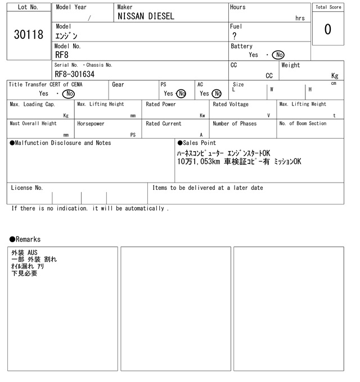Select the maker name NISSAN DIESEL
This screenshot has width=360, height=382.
tap(146, 17)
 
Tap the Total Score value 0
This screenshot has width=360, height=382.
tap(328, 29)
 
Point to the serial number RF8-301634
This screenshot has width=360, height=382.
tap(75, 74)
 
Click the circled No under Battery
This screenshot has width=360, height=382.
tap(278, 55)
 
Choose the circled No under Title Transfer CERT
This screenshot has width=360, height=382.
tap(68, 94)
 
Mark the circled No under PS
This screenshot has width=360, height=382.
tap(181, 94)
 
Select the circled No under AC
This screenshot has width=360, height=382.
tap(217, 94)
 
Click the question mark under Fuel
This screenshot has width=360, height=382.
tap(234, 36)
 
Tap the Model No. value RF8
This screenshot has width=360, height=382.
tap(62, 55)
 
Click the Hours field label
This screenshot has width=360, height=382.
tap(237, 7)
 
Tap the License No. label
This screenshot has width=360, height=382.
tap(26, 188)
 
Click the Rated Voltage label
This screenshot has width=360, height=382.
tap(231, 104)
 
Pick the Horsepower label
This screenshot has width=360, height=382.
tap(91, 124)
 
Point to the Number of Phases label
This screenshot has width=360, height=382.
tap(235, 124)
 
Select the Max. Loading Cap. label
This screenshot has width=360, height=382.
tap(33, 104)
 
